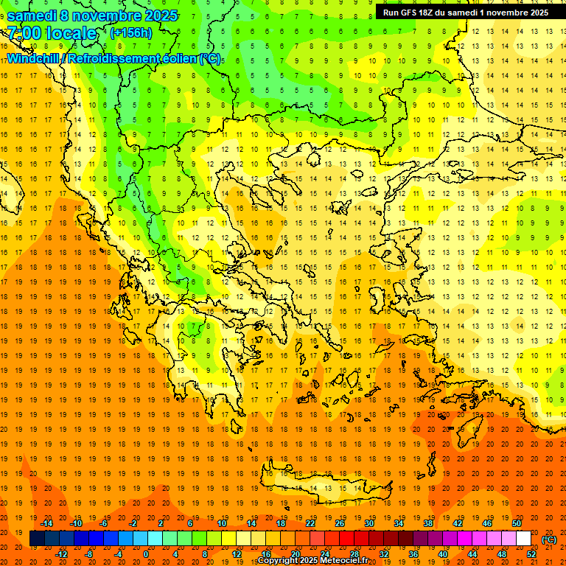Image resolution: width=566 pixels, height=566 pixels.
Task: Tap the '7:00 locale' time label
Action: coord(52,33)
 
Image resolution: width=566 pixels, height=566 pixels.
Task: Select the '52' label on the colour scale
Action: coord(531,554)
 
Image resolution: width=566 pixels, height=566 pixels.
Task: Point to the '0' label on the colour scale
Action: coord(146,554)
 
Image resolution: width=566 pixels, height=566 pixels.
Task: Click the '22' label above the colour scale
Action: coord(310,523)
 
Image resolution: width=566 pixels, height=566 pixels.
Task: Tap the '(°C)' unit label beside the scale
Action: coord(549,539)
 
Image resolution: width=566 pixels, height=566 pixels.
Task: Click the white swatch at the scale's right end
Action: coord(524,539)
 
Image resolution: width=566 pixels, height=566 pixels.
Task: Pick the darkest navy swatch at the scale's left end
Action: coord(37,539)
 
